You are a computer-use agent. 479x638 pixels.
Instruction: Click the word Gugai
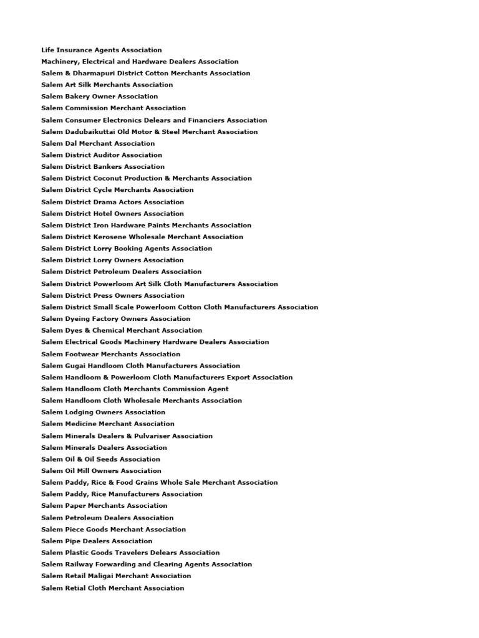click(75, 366)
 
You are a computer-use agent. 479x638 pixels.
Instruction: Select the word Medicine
click(80, 424)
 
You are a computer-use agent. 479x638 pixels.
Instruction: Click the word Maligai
click(101, 576)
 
